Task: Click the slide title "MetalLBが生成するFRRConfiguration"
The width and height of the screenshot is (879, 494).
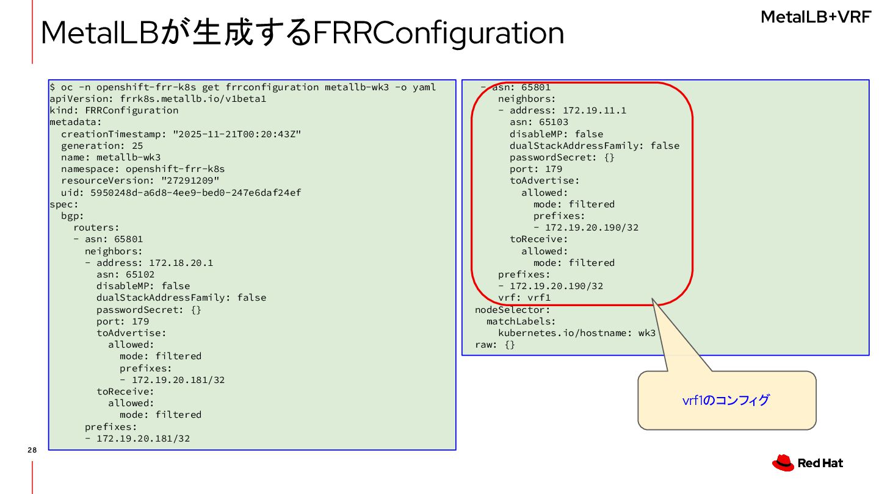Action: pyautogui.click(x=302, y=33)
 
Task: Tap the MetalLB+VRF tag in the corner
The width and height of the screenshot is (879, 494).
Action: pyautogui.click(x=816, y=17)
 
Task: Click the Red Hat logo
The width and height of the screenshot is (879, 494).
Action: pyautogui.click(x=807, y=463)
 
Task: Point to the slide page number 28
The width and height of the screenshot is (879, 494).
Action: pyautogui.click(x=32, y=451)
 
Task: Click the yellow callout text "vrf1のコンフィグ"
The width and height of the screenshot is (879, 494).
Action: pyautogui.click(x=726, y=400)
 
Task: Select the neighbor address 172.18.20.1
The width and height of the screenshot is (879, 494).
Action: pyautogui.click(x=181, y=263)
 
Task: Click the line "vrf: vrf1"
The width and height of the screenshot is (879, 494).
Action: pyautogui.click(x=524, y=298)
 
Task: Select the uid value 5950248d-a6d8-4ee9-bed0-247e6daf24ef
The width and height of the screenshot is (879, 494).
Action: pyautogui.click(x=195, y=193)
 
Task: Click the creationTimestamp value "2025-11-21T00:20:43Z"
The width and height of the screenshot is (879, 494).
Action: pyautogui.click(x=237, y=134)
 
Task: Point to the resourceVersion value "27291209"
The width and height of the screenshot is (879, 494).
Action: pyautogui.click(x=190, y=181)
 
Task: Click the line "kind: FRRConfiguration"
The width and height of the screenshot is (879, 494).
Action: pyautogui.click(x=114, y=110)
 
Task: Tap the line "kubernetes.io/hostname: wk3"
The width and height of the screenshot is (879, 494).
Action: pyautogui.click(x=577, y=333)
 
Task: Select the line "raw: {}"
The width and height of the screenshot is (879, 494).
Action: pyautogui.click(x=495, y=345)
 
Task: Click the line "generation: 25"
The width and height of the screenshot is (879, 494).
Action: pyautogui.click(x=102, y=146)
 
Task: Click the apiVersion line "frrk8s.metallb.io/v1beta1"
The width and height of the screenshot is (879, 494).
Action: pyautogui.click(x=157, y=99)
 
